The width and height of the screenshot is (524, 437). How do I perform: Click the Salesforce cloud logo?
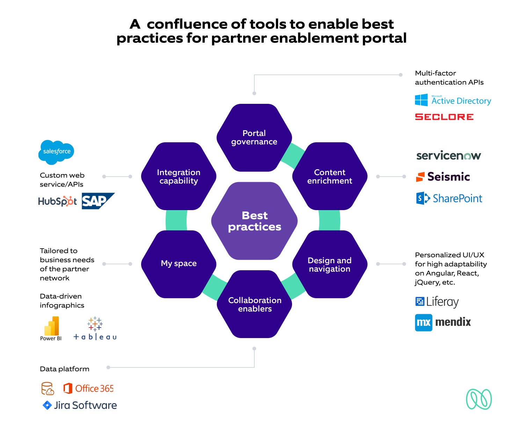point(56,152)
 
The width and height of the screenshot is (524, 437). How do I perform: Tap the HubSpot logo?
point(57,201)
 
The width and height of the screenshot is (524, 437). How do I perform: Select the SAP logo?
point(97,201)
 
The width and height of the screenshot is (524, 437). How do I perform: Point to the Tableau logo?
point(95,329)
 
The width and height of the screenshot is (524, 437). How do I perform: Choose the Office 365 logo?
point(88,388)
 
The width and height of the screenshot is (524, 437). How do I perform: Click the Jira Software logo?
point(80,405)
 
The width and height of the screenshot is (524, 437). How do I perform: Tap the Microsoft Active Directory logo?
point(453,100)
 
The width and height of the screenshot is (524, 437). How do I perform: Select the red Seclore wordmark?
point(444,117)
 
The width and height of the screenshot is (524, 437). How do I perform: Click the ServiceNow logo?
point(449,156)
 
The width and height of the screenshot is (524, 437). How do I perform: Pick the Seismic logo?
point(443,177)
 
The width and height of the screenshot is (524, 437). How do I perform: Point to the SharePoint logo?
point(449,199)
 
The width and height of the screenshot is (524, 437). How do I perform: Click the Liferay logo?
point(437,302)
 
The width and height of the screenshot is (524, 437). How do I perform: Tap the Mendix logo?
point(443,322)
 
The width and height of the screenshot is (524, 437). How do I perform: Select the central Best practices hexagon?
point(254,221)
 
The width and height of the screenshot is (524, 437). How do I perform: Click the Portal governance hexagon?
point(254,137)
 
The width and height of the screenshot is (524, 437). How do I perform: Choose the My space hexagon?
point(179,264)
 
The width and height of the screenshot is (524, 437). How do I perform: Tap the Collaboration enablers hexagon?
point(255,304)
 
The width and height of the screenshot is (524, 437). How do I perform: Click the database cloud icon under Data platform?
point(48,388)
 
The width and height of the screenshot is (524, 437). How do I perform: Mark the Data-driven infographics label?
point(62,301)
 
